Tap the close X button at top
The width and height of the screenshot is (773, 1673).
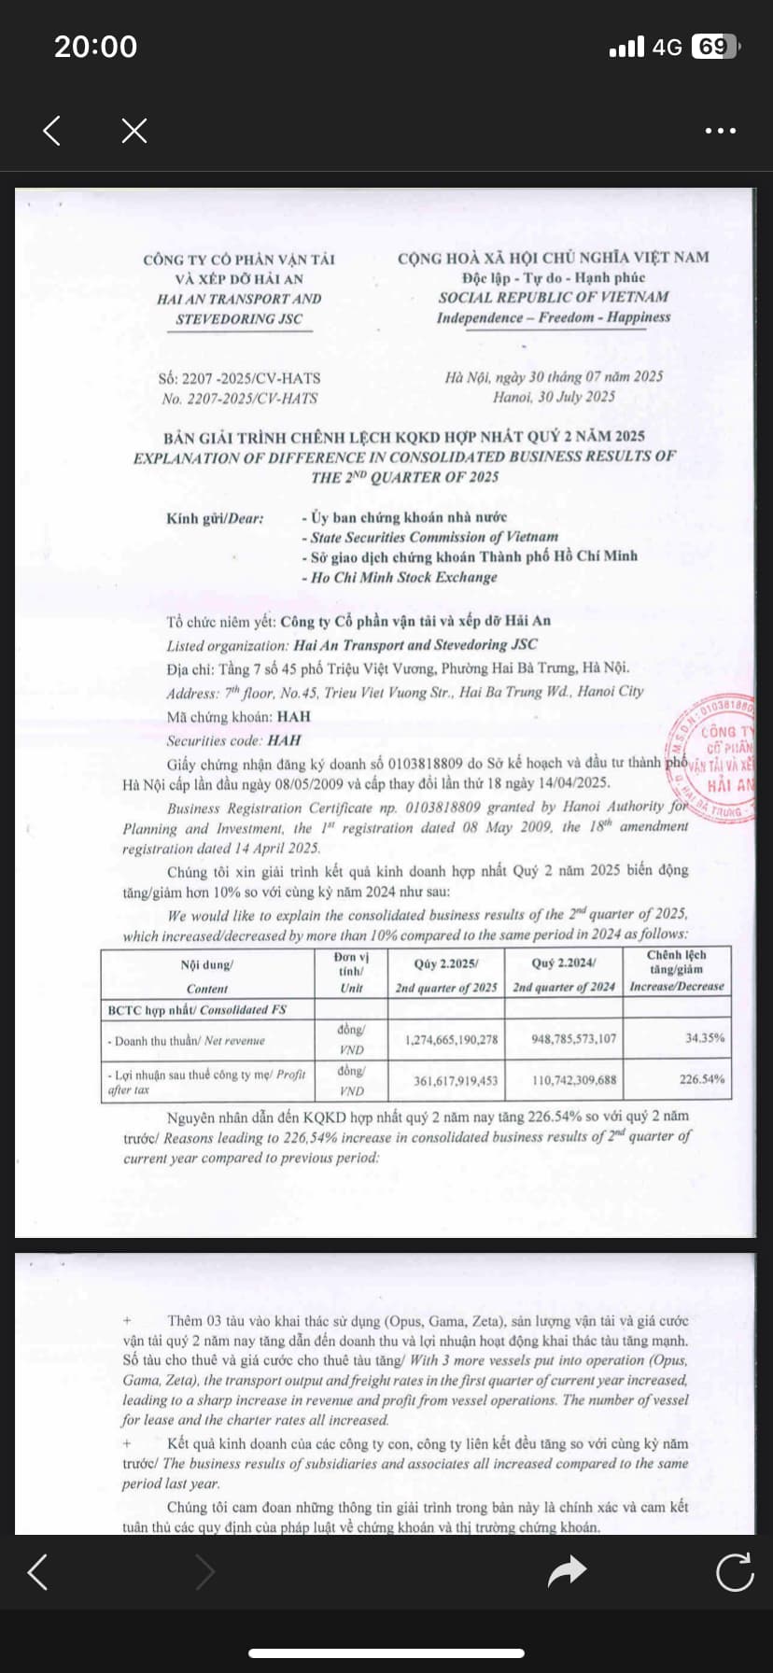[x=134, y=131]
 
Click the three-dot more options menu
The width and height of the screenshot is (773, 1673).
[x=720, y=131]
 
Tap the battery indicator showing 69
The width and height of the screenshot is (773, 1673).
[x=714, y=47]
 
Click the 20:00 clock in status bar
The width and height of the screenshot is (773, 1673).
[x=95, y=47]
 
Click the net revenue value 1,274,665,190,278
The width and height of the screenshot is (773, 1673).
[x=451, y=1039]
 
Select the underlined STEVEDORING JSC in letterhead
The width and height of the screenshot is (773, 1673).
[x=239, y=319]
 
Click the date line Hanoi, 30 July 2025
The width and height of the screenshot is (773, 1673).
[x=554, y=397]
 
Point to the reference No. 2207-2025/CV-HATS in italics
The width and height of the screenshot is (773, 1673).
[x=239, y=399]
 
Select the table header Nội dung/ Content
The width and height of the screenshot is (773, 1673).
[x=207, y=976]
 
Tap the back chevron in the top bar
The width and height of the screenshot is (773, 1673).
[x=52, y=131]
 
